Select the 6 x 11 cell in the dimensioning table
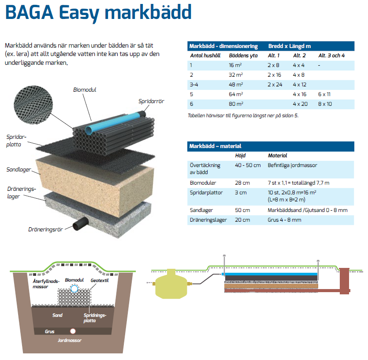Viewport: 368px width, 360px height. click(x=325, y=94)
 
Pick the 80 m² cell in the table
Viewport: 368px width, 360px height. click(x=236, y=104)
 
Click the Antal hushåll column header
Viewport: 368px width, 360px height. click(x=205, y=56)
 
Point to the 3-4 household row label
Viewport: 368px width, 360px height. click(x=194, y=85)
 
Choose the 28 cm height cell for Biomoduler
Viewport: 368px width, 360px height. click(x=242, y=183)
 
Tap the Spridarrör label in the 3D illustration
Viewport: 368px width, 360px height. click(x=151, y=101)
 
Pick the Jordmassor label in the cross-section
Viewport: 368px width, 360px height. click(x=70, y=341)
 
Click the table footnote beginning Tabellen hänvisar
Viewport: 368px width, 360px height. click(x=246, y=115)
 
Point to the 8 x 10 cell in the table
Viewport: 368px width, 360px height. click(x=325, y=104)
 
